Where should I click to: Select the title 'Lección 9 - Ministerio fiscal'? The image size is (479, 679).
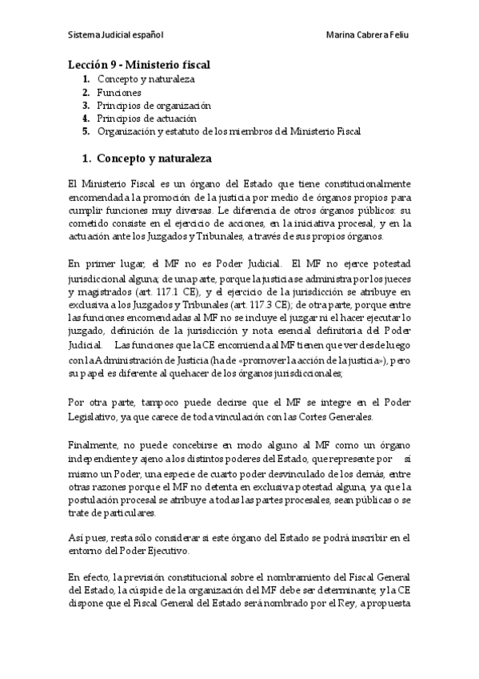[139, 65]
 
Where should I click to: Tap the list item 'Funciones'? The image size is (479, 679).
[120, 92]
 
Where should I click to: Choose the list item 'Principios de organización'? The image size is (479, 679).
[154, 105]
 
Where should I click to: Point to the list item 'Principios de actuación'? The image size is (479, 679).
[146, 118]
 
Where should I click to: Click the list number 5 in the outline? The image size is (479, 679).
[86, 131]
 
